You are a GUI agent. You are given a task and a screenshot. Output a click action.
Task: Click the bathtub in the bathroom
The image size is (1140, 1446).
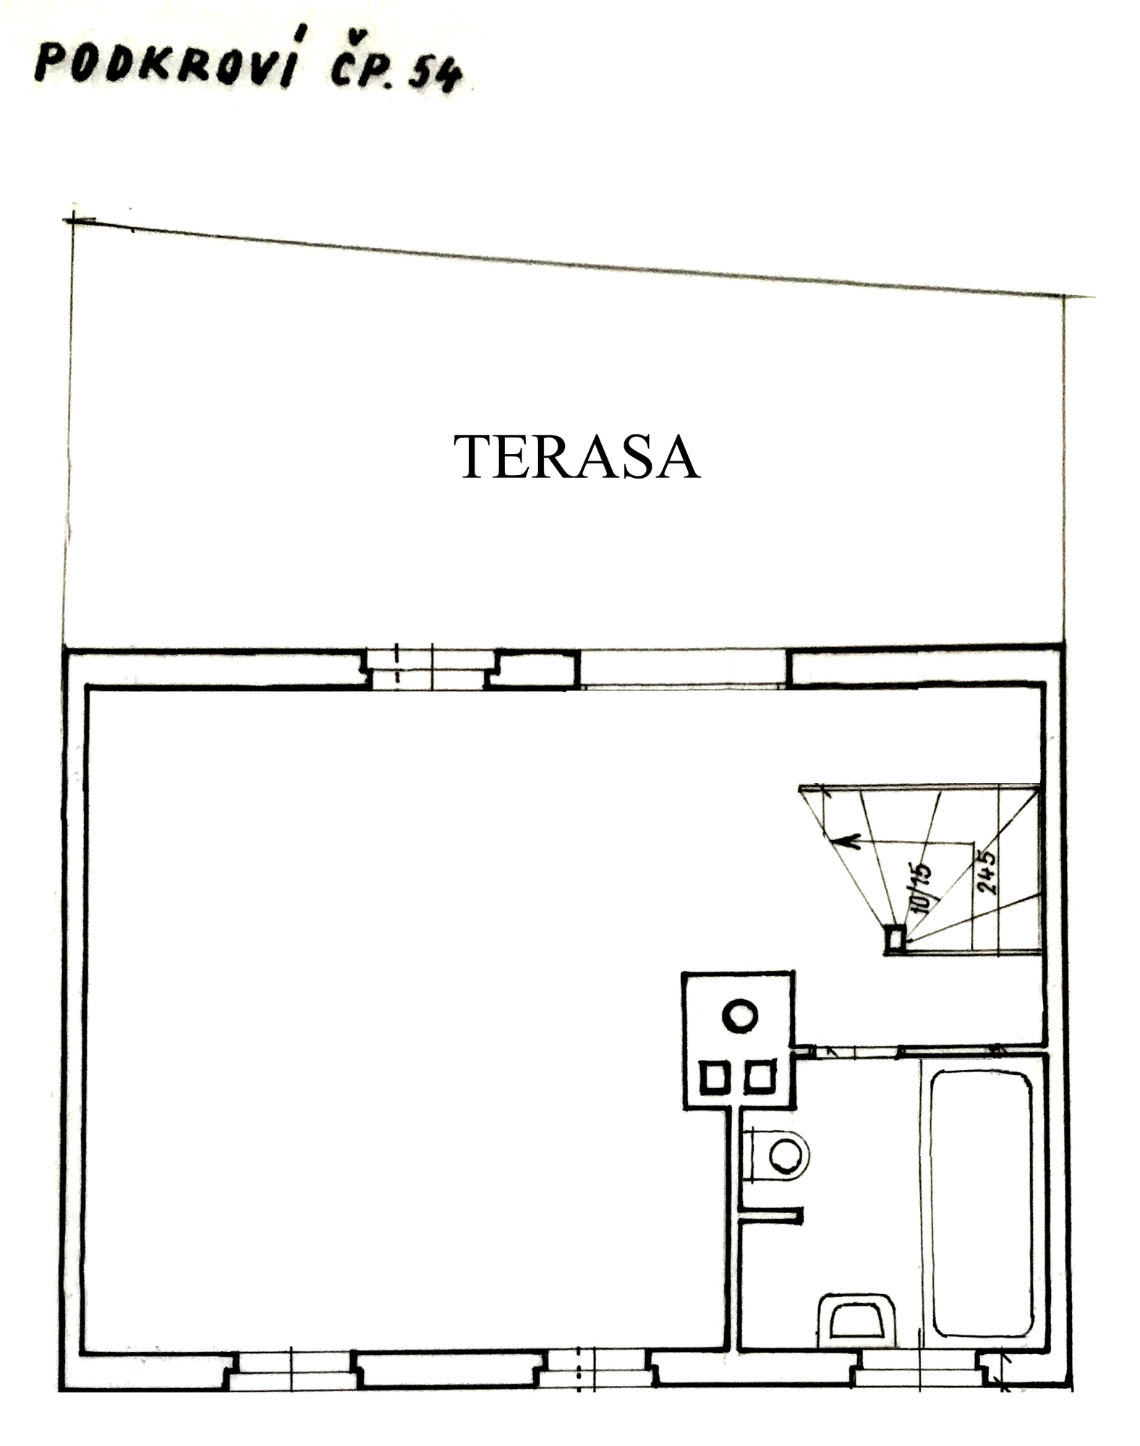[x=982, y=1205]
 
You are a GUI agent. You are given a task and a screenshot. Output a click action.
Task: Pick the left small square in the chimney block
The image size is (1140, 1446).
[x=713, y=1078]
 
